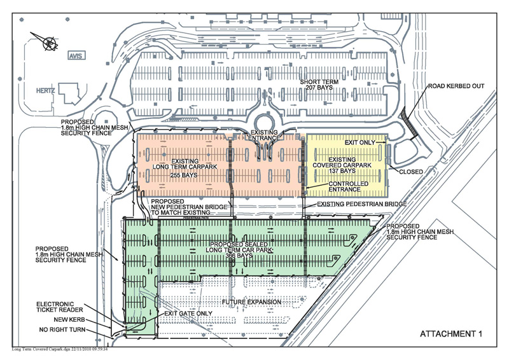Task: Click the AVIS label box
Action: click(x=76, y=56)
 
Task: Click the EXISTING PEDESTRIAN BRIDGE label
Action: click(x=354, y=204)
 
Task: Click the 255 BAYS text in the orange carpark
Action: click(x=185, y=174)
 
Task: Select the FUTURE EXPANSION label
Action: click(x=252, y=301)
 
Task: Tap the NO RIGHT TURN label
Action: click(x=60, y=330)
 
